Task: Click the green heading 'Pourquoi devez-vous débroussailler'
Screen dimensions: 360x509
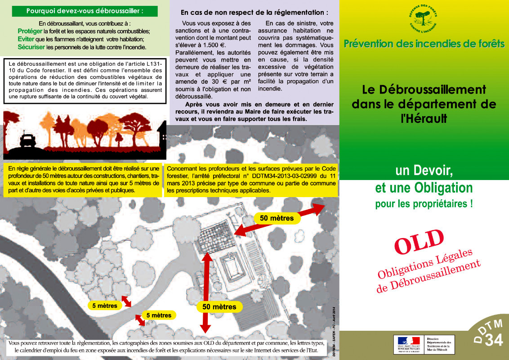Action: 85,11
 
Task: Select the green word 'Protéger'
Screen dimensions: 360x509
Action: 30,31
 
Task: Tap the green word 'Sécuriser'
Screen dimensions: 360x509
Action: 31,46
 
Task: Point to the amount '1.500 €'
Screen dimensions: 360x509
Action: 214,45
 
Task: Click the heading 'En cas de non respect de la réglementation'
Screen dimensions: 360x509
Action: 254,13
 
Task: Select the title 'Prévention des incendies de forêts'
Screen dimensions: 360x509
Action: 424,44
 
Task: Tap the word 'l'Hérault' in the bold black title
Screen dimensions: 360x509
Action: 424,118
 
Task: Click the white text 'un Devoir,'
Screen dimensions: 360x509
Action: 424,171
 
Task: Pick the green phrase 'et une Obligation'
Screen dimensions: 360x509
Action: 424,187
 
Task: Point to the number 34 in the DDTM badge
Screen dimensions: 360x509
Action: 494,340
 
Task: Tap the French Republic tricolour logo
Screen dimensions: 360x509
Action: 406,342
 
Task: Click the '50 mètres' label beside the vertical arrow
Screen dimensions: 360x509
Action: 219,307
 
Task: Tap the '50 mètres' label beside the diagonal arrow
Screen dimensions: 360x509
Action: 277,218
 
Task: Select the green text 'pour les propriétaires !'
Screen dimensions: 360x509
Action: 424,204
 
